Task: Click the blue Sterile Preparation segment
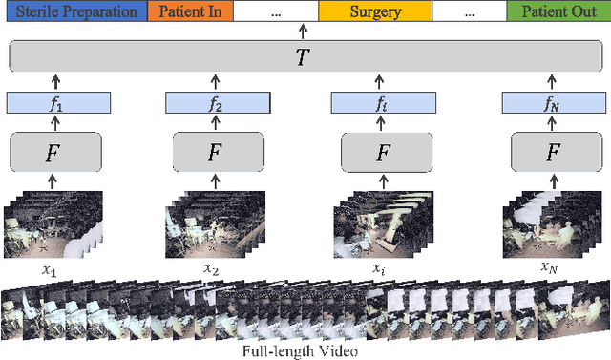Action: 75,13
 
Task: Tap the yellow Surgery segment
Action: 375,13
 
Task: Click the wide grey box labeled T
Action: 303,57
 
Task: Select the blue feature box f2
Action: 213,103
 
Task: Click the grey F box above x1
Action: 55,152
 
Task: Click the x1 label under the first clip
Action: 49,270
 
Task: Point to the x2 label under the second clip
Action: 212,270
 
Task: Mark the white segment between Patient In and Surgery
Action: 276,13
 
